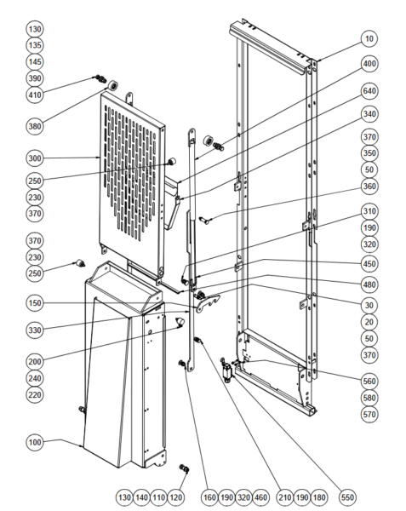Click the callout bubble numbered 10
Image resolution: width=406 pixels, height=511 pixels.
[x=369, y=39]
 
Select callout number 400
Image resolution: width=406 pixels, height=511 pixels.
[x=369, y=64]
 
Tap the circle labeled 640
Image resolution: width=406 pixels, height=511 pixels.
[x=369, y=91]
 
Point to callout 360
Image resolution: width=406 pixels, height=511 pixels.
[x=369, y=186]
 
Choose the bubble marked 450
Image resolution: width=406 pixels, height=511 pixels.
[x=369, y=264]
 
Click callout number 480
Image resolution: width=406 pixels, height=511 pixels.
[x=369, y=284]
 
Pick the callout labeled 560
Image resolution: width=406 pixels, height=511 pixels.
[x=369, y=381]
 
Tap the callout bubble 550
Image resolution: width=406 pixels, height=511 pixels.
[x=347, y=497]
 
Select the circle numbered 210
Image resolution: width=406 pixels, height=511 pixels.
[x=285, y=497]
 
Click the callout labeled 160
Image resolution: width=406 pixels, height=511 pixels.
[x=209, y=497]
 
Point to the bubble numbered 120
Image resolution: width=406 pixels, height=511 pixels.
[x=176, y=497]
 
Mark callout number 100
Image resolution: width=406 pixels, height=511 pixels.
[x=35, y=442]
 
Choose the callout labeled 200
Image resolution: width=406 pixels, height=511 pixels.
[x=35, y=361]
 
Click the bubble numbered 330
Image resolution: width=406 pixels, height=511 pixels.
[x=35, y=330]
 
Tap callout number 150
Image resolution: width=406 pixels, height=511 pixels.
[x=35, y=302]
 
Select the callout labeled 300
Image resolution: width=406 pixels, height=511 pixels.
[x=35, y=158]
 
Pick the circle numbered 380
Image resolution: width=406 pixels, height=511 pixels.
[x=35, y=126]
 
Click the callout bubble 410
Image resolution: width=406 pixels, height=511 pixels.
[x=35, y=95]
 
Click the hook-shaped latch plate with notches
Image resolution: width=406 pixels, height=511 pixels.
[x=208, y=302]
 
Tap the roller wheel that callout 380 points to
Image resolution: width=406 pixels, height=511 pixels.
[x=113, y=85]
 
